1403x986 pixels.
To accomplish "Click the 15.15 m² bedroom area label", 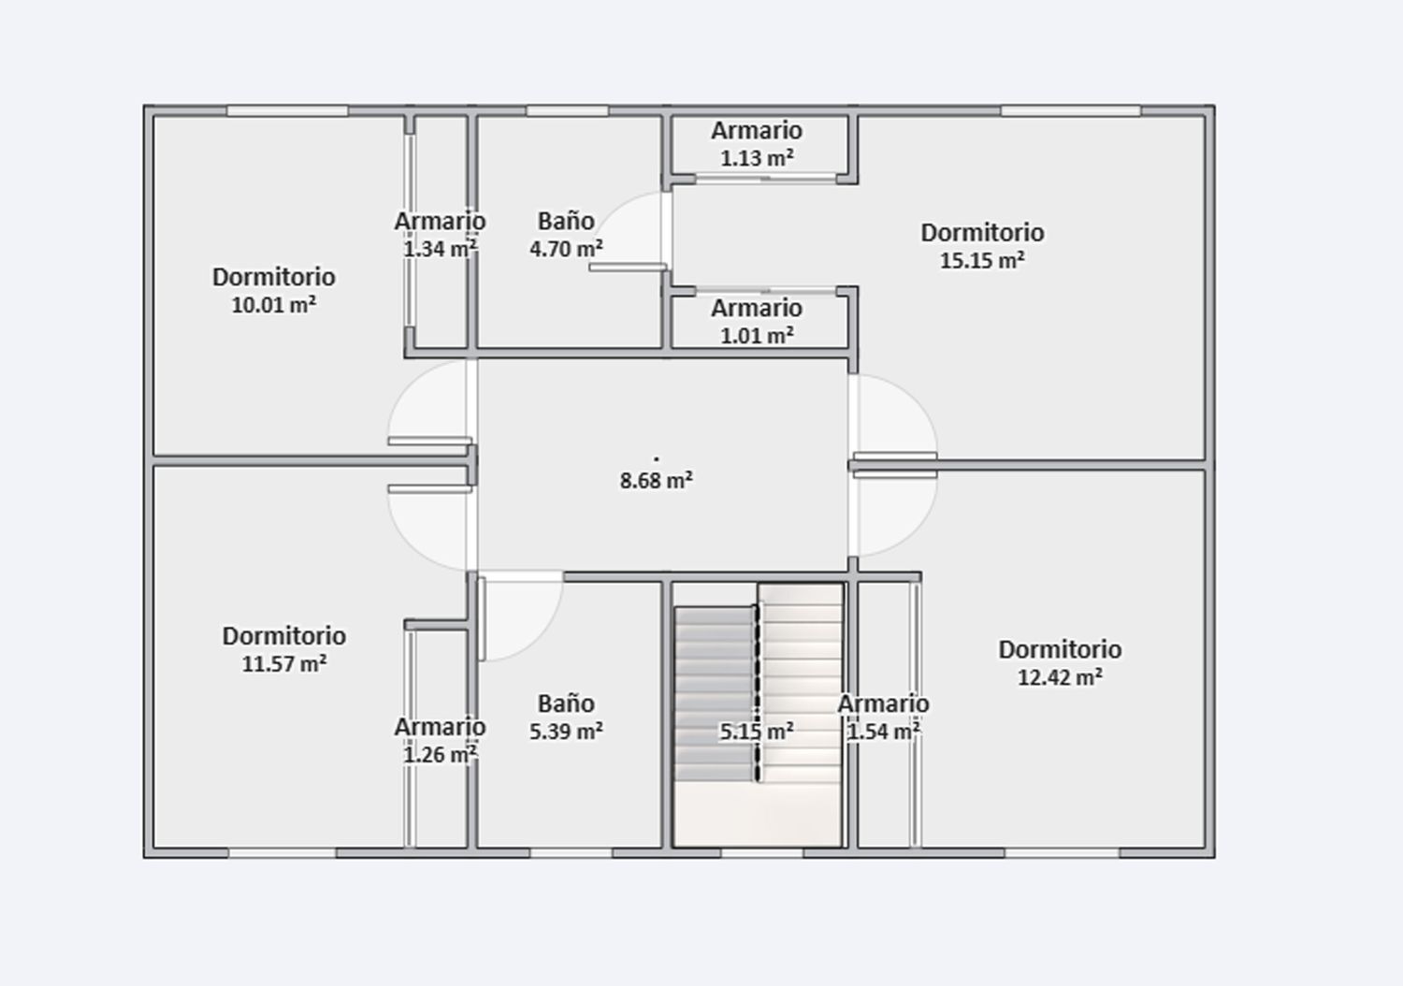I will click(981, 260).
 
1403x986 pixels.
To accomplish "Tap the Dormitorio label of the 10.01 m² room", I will click(273, 277).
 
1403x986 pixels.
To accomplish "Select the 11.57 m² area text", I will click(283, 664).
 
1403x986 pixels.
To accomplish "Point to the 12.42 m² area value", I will click(1059, 677).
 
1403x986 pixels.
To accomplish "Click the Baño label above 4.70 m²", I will click(566, 221).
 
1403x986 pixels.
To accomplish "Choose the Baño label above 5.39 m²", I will click(566, 703).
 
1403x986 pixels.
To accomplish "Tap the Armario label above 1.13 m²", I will click(756, 131).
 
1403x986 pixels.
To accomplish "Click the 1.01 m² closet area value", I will click(756, 335).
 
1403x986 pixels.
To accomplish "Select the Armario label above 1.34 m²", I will click(440, 222).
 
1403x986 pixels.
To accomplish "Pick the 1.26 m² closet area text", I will click(440, 754).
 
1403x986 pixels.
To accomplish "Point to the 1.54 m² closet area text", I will click(883, 732).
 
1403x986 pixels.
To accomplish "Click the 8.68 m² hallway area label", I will click(656, 481).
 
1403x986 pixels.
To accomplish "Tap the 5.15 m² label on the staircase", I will click(756, 732).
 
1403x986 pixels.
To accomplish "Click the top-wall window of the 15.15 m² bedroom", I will click(1070, 110).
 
